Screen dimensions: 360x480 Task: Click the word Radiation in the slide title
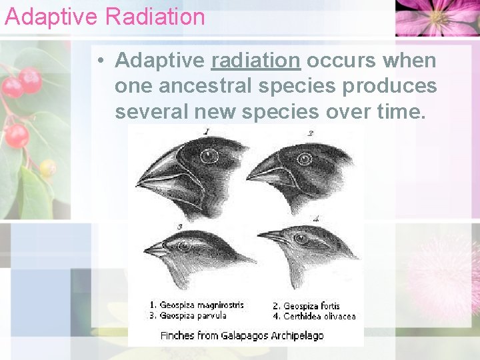pos(156,16)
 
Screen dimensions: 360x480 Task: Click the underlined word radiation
pos(255,61)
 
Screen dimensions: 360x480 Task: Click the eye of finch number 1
pos(209,156)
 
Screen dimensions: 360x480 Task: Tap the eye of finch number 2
pos(305,159)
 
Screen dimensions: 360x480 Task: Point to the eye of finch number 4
pos(301,238)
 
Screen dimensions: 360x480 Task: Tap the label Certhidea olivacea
pos(319,317)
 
